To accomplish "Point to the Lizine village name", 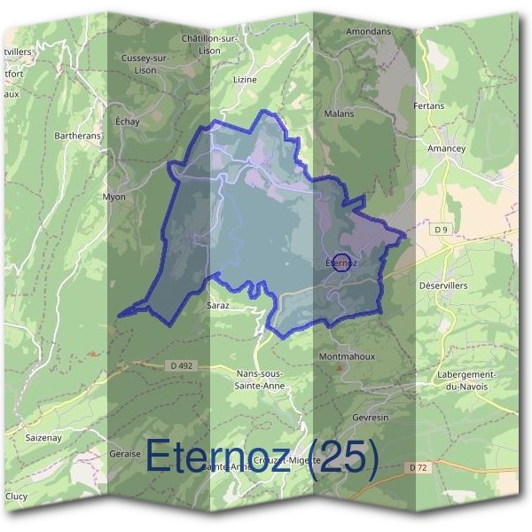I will coord(244,79).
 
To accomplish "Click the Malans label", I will coord(340,113).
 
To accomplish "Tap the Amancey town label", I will coord(446,149).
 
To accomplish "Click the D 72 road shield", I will coord(419,466).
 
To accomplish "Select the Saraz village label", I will coord(218,305).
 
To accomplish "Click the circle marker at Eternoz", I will coord(340,262).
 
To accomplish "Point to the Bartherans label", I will coord(78,136).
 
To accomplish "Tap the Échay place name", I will coord(129,122).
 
